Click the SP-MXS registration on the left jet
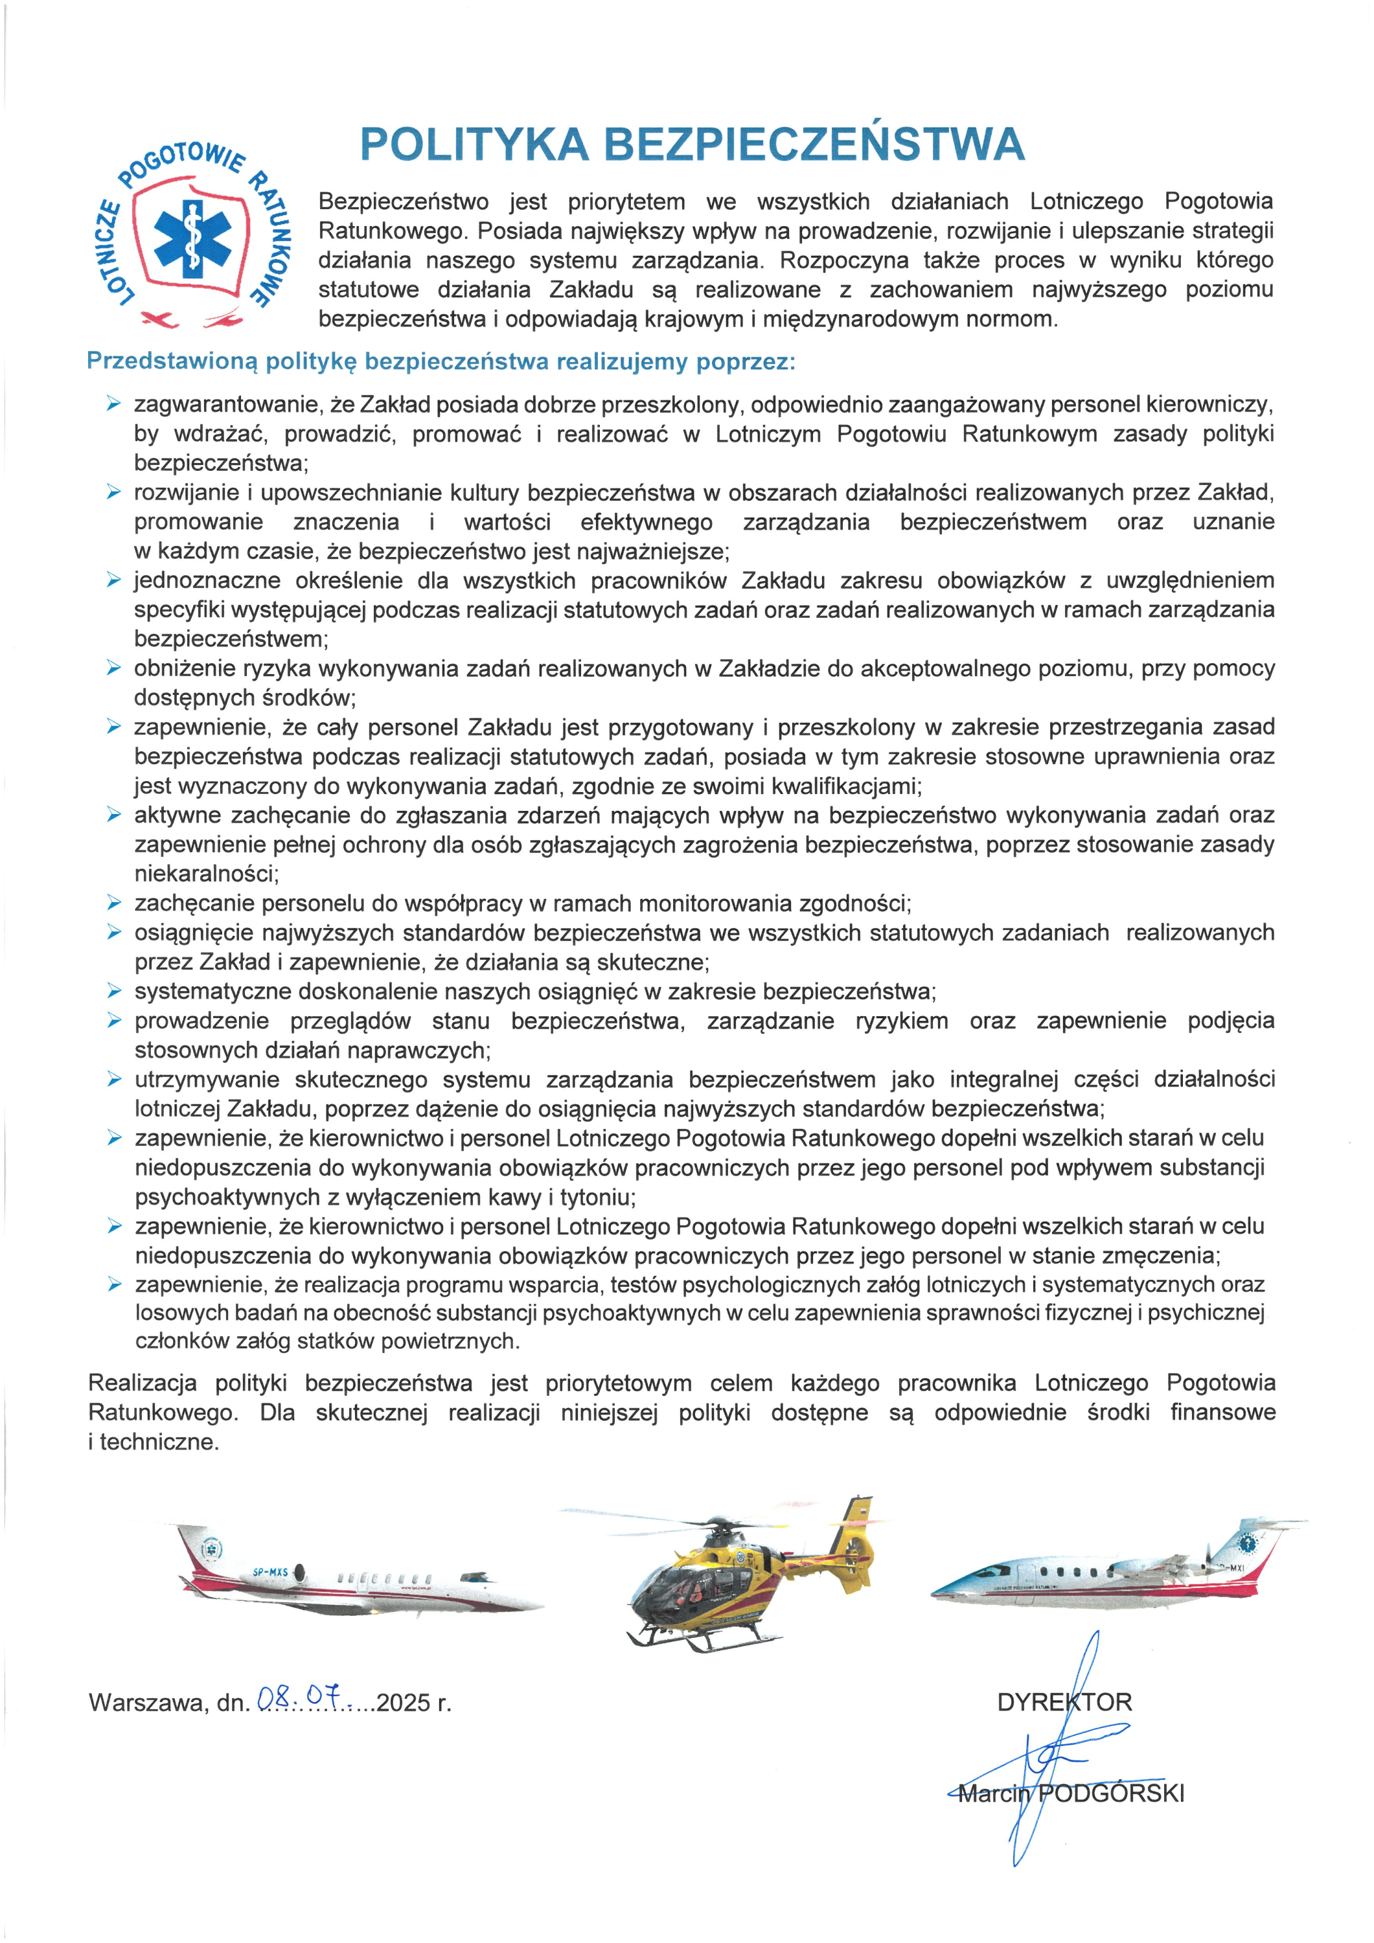click(x=270, y=1571)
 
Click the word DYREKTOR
click(x=1064, y=1702)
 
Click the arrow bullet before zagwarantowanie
click(x=113, y=405)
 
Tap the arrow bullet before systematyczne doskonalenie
click(x=113, y=991)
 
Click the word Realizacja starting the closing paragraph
click(x=143, y=1383)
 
